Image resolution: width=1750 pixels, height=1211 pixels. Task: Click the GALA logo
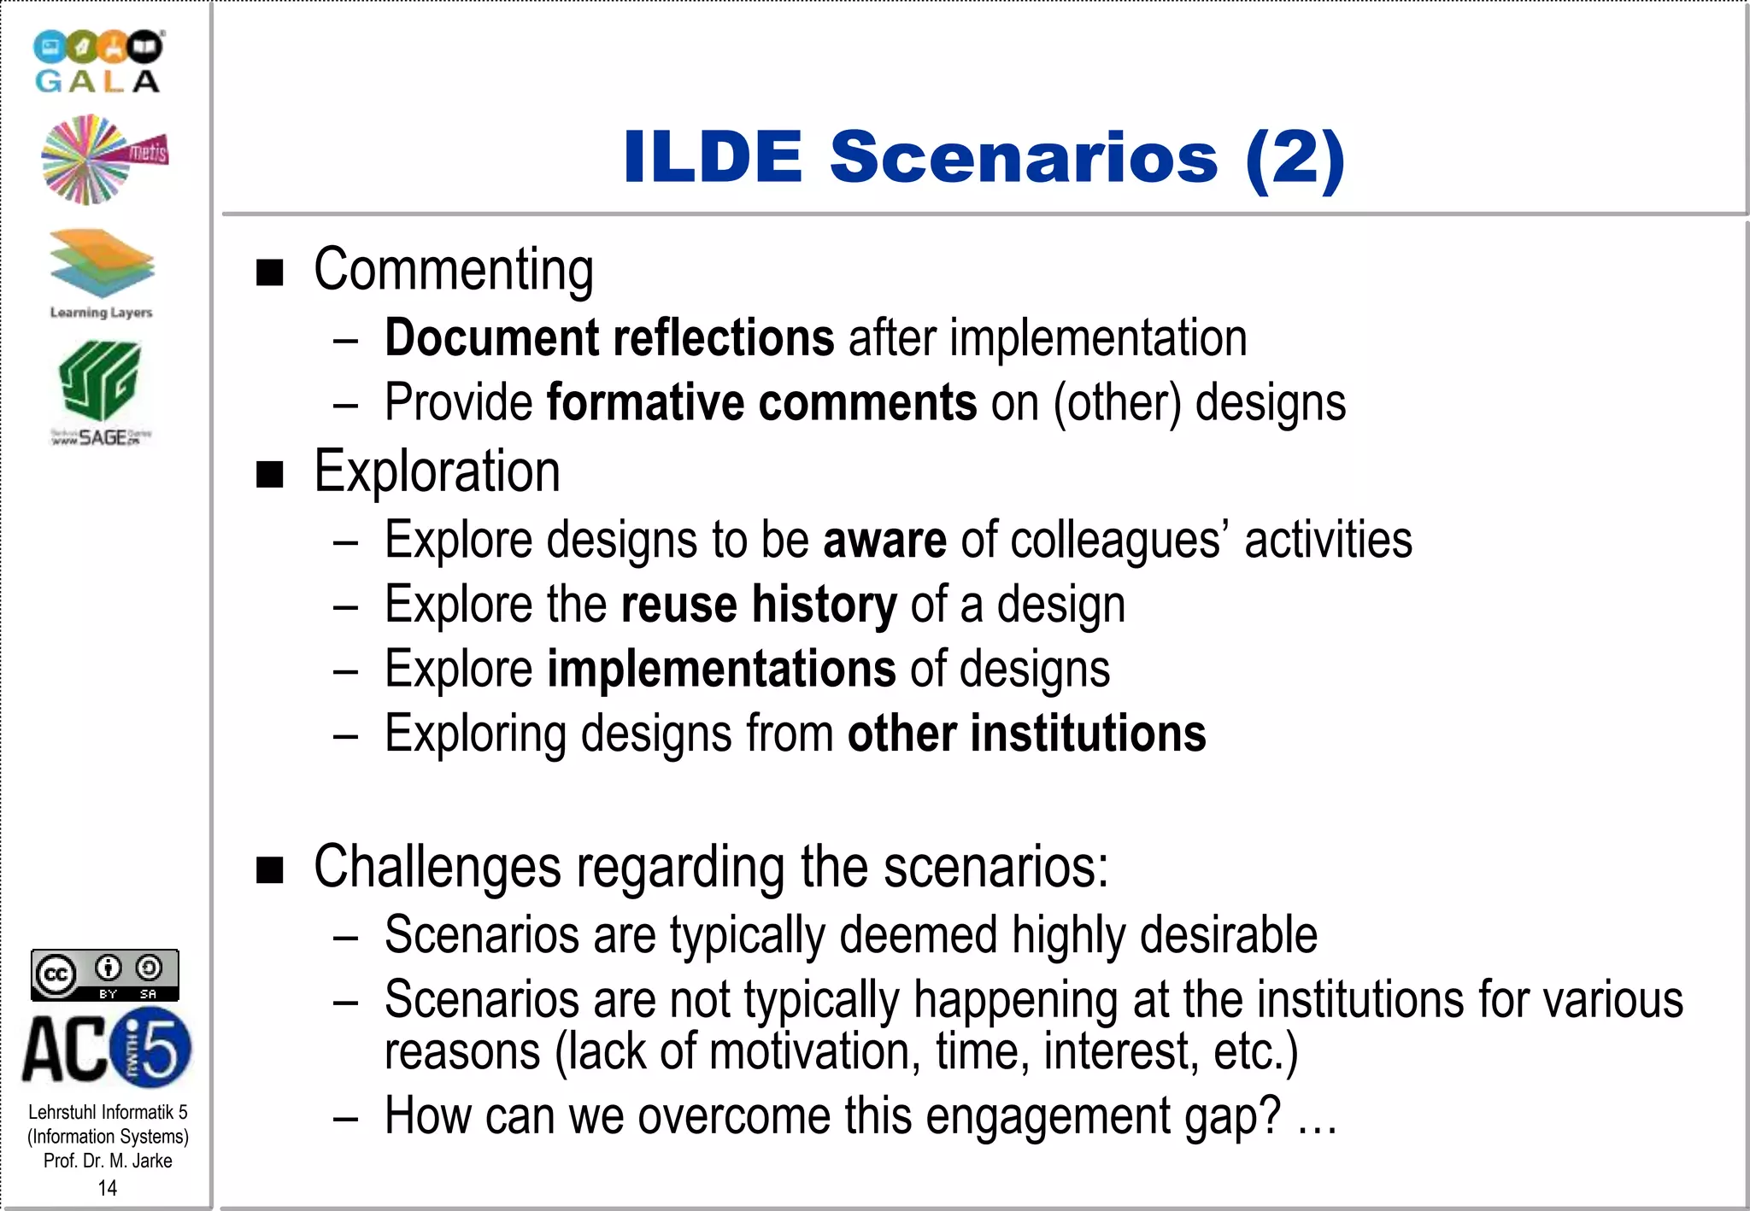point(98,61)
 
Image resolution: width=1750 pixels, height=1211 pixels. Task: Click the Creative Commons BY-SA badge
point(105,974)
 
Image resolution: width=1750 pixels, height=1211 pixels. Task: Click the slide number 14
point(108,1188)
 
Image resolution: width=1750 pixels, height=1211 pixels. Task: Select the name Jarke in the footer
point(152,1161)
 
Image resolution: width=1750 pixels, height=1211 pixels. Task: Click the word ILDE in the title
point(713,157)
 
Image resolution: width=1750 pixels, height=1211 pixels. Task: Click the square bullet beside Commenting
point(270,272)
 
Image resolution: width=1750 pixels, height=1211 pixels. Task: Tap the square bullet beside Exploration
point(270,474)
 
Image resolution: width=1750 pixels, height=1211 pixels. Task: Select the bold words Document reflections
point(609,337)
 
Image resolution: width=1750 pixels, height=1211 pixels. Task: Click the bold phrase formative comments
point(761,402)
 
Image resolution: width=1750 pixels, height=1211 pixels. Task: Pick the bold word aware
point(884,540)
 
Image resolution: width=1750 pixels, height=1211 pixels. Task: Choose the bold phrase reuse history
point(759,605)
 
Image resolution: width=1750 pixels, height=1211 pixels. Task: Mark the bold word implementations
point(721,669)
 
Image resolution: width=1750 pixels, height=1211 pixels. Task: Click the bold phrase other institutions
point(1026,734)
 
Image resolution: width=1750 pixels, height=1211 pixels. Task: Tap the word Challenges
point(437,867)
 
